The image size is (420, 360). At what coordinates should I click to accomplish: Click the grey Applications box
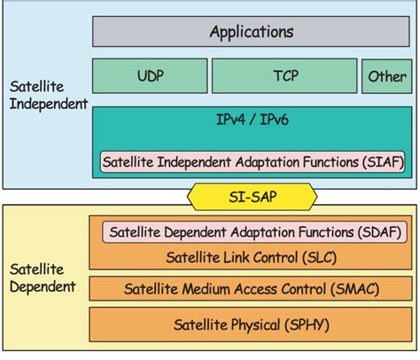(250, 32)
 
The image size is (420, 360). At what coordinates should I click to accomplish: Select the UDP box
(149, 76)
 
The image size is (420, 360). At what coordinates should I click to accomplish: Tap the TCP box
(284, 76)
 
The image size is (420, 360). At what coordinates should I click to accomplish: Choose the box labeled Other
(386, 76)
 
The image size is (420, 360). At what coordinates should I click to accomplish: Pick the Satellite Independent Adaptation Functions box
(250, 161)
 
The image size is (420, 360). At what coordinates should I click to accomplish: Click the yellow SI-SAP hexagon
(250, 194)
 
